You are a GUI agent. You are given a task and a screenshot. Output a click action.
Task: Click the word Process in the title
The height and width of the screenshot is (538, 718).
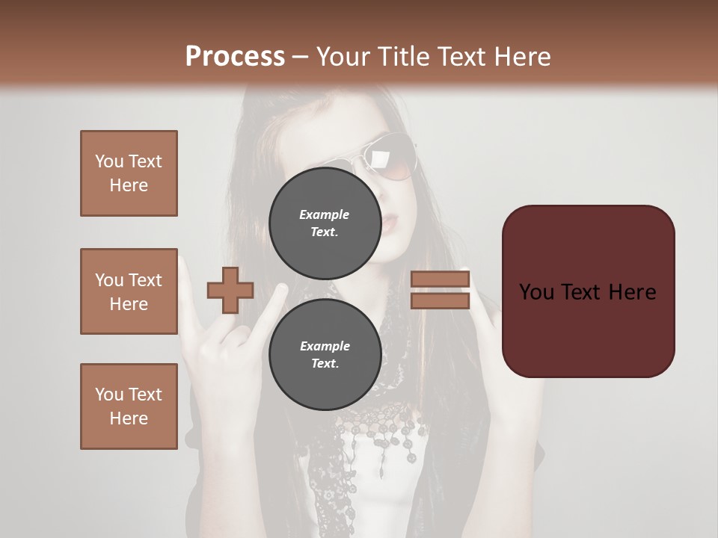tap(235, 57)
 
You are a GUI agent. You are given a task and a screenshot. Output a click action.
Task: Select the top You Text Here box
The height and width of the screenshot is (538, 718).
tap(129, 173)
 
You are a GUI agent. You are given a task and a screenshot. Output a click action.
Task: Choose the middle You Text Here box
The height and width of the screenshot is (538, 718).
tap(129, 291)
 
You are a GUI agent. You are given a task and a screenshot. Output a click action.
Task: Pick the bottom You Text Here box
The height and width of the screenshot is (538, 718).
tap(129, 406)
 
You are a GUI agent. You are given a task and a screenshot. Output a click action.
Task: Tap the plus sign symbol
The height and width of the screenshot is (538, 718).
tap(230, 290)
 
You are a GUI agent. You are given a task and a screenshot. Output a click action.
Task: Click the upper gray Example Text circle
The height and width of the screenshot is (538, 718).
tap(325, 223)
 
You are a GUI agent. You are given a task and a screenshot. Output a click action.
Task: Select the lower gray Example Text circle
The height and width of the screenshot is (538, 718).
tap(325, 354)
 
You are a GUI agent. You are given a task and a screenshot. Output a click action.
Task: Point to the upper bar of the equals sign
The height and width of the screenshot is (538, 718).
tap(440, 279)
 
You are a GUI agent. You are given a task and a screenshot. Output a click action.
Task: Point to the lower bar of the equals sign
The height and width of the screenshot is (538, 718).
tap(440, 300)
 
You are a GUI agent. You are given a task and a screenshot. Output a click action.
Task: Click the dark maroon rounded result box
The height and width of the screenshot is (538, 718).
tap(588, 291)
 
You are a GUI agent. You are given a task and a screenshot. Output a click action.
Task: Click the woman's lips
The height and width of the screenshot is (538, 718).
tap(396, 222)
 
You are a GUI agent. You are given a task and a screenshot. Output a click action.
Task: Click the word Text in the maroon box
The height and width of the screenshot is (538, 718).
tap(587, 292)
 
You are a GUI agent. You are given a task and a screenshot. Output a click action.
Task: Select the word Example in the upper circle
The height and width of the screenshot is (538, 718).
tap(325, 214)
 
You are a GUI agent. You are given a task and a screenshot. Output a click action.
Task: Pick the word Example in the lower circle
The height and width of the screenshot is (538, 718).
tap(325, 346)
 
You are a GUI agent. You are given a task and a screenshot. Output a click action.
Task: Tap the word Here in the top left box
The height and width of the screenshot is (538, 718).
tap(129, 185)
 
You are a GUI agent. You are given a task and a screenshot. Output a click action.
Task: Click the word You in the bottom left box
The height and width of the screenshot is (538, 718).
tap(109, 395)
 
